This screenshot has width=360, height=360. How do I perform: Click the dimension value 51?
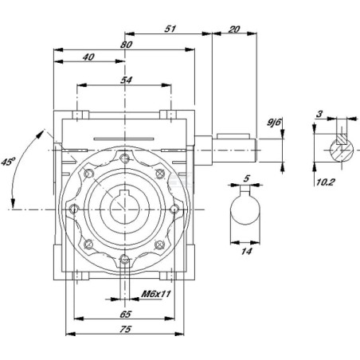tap(170, 29)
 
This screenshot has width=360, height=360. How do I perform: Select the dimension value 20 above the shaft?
tap(234, 29)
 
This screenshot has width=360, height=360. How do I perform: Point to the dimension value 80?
tap(126, 45)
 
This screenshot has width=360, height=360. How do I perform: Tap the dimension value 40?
tap(88, 57)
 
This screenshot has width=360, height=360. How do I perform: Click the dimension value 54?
tap(126, 80)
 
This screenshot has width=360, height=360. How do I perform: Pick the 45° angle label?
tap(8, 162)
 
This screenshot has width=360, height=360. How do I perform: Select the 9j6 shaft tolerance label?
tap(274, 123)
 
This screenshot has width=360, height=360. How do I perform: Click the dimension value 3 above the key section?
tap(319, 114)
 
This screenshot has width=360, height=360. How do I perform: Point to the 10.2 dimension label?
tap(326, 182)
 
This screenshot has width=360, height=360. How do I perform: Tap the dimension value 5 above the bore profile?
tap(247, 178)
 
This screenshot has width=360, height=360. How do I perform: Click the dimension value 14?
tap(246, 251)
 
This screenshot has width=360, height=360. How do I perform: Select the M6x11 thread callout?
tap(156, 294)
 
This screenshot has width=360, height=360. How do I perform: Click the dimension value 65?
tap(125, 315)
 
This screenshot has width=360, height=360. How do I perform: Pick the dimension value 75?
tap(125, 329)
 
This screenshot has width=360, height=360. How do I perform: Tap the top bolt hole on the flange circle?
tap(124, 158)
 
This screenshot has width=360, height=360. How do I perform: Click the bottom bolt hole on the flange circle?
tap(124, 260)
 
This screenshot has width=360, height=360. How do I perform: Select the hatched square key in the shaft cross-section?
tap(342, 139)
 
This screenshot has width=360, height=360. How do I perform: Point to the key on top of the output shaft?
tap(233, 136)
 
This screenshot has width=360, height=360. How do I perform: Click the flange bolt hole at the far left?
tap(74, 209)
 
